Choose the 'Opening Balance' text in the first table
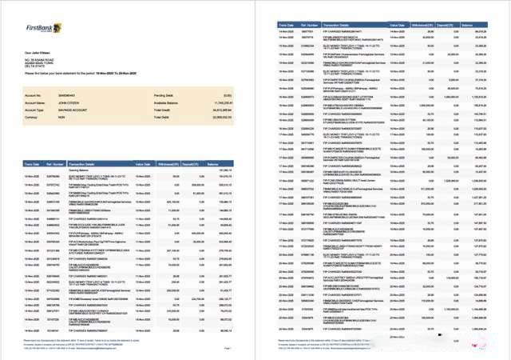[x=79, y=170]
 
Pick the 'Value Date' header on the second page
[x=400, y=26]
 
